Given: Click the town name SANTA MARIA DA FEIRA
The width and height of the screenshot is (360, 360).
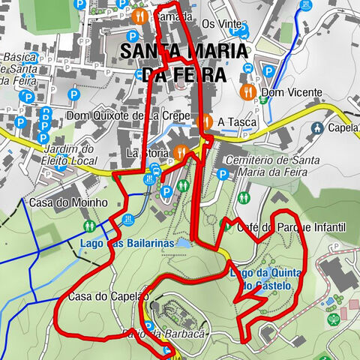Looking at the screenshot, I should coord(182,62).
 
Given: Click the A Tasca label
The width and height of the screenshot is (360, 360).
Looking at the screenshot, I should coord(237,121).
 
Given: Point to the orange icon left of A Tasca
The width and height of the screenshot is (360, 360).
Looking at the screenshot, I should coord(206,121).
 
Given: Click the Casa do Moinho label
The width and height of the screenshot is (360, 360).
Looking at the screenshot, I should coord(69,202).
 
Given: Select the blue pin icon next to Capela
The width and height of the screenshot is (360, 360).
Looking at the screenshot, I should coord(318,127).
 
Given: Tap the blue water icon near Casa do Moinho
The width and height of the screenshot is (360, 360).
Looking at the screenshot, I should coord(127,220).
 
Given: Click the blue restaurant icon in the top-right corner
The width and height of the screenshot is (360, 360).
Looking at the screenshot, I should coord(304,5).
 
